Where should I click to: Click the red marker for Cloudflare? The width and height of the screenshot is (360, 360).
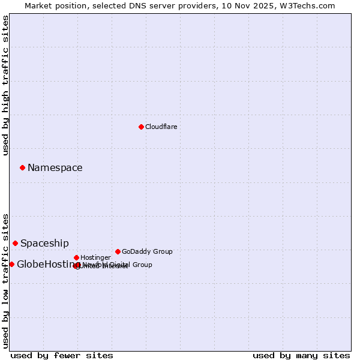[141, 127]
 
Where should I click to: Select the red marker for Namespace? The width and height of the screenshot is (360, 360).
[22, 167]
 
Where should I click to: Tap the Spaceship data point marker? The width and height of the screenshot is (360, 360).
[15, 243]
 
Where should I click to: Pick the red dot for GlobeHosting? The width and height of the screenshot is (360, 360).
[11, 264]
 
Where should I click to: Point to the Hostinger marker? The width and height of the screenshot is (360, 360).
[76, 257]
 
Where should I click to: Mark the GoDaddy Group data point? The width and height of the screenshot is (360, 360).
[118, 251]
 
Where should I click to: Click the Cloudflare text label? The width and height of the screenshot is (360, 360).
[161, 127]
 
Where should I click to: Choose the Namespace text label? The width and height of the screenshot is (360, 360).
[55, 168]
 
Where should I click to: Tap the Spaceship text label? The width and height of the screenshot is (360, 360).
[44, 244]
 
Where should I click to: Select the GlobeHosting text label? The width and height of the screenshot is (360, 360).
[48, 265]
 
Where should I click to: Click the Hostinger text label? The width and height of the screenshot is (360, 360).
[96, 257]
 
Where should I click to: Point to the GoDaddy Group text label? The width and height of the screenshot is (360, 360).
[147, 251]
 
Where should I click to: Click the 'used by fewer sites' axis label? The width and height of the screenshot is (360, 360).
[62, 356]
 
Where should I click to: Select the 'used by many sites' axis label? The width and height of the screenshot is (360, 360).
[301, 356]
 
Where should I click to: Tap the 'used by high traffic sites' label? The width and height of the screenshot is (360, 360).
[6, 85]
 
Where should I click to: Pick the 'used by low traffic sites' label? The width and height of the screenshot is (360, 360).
[6, 281]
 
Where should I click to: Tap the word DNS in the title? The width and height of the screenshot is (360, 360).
[128, 5]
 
